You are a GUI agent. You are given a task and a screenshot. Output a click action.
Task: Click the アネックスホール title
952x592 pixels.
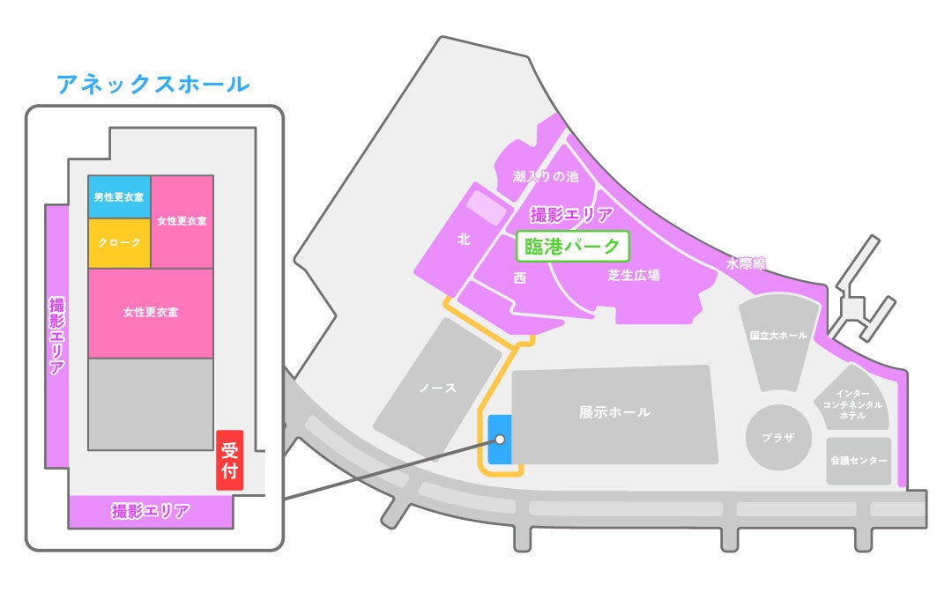pyautogui.click(x=152, y=85)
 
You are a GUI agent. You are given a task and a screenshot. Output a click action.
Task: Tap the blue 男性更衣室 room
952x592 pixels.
pyautogui.click(x=119, y=197)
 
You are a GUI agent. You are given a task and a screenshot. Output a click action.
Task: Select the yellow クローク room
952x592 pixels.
pyautogui.click(x=119, y=242)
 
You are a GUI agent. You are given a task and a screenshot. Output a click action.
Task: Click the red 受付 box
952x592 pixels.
pyautogui.click(x=229, y=460)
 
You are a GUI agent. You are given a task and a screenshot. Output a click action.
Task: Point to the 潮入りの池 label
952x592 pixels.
pyautogui.click(x=546, y=176)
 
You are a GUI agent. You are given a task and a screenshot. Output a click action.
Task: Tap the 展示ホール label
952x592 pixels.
pyautogui.click(x=614, y=412)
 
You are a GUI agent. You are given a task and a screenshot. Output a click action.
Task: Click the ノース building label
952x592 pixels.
pyautogui.click(x=438, y=388)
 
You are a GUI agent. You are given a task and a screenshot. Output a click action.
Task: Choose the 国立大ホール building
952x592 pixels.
pyautogui.click(x=778, y=336)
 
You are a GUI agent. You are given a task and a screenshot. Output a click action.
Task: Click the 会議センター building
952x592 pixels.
pyautogui.click(x=858, y=461)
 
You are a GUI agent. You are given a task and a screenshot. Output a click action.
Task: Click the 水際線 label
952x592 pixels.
pyautogui.click(x=746, y=263)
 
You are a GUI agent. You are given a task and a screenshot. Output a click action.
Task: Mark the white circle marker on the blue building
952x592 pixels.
pyautogui.click(x=500, y=439)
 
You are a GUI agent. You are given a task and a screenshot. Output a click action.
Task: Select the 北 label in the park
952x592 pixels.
pyautogui.click(x=464, y=239)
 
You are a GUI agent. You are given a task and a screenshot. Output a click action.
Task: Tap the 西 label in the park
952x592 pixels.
pyautogui.click(x=519, y=277)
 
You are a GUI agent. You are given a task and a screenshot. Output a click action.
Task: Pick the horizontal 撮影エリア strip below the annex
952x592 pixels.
pyautogui.click(x=150, y=511)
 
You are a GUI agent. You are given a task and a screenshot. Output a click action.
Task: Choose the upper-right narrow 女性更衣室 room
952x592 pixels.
pyautogui.click(x=182, y=220)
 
